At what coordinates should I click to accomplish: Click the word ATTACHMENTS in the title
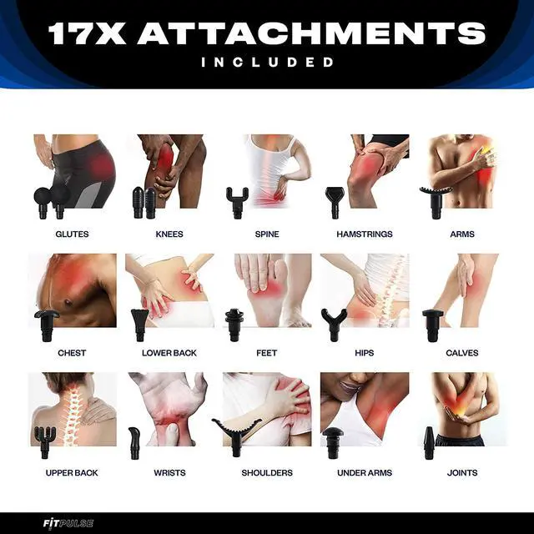pos(311,33)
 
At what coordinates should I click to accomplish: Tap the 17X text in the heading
pos(87,33)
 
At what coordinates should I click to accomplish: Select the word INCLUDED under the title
pos(267,62)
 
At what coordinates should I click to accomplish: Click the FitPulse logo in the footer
pos(68,523)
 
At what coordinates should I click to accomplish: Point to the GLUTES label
pos(72,234)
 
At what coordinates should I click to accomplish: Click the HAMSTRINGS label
pos(365,234)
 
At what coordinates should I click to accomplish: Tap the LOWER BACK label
pos(169,353)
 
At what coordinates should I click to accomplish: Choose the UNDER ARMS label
pos(365,473)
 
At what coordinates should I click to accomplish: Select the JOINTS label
pos(462,473)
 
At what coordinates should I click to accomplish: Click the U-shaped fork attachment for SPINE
pos(237,203)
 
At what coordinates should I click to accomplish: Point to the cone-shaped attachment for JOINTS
pos(429,443)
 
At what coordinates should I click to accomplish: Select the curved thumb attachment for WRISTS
pos(134,443)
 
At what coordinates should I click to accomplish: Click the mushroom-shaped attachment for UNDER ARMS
pos(333,443)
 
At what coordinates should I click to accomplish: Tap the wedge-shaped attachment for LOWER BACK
pos(139,325)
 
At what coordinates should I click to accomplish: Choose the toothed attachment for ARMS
pos(436,203)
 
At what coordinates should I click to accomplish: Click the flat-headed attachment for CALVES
pos(432,325)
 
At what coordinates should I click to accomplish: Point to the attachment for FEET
pos(234,325)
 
